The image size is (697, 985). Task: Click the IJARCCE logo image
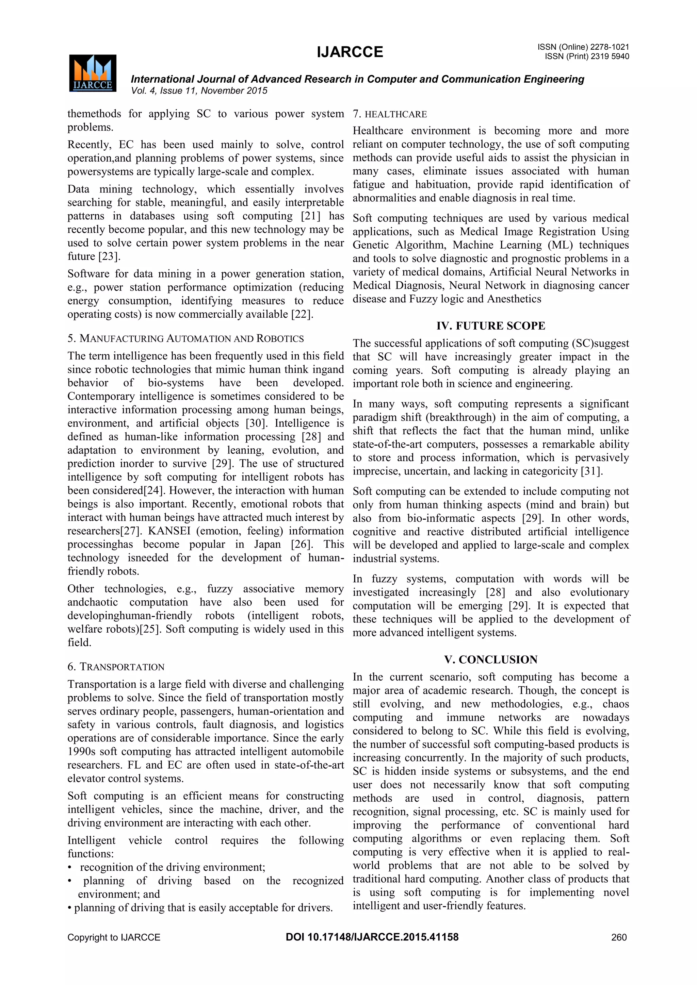point(93,73)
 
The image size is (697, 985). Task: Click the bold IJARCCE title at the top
point(350,52)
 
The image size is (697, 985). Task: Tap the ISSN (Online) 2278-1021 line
point(583,47)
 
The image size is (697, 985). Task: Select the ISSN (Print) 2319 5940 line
point(586,56)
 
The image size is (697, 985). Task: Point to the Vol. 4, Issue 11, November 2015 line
point(199,90)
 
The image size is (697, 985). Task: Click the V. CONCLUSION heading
point(490,660)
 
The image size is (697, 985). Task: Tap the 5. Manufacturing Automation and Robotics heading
point(185,338)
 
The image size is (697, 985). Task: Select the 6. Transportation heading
point(116,667)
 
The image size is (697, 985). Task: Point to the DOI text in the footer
point(372,937)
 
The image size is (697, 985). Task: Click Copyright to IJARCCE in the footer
point(114,937)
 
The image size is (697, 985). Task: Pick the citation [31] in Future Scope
point(591,471)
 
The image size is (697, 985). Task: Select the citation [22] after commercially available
point(301,314)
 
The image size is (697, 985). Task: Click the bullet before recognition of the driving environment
point(70,867)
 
